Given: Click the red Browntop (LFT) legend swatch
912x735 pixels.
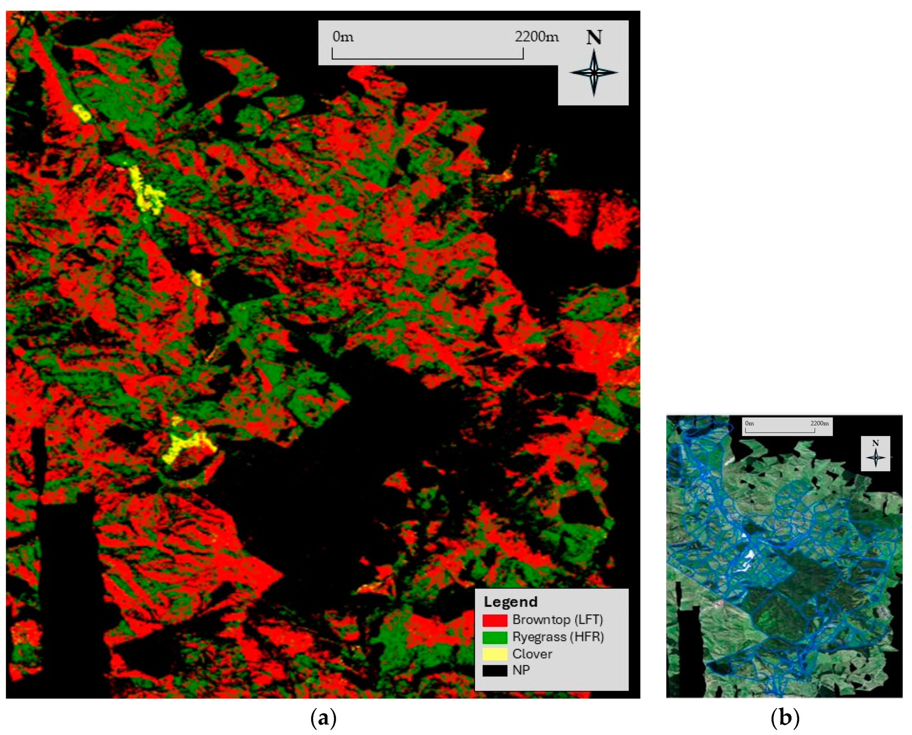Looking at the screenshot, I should click(x=494, y=620).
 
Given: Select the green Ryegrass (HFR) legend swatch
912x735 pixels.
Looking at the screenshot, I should click(x=494, y=637).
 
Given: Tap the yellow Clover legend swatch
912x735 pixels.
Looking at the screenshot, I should click(x=494, y=654).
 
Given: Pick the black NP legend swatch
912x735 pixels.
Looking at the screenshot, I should click(x=494, y=670).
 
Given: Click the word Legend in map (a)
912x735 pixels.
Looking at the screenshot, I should click(x=510, y=602).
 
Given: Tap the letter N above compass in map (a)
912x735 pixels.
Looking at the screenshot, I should click(x=594, y=38).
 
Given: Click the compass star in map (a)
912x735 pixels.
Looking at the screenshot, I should click(x=594, y=72).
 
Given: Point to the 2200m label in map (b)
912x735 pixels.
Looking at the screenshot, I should click(x=819, y=423).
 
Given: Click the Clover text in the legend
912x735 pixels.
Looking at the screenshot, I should click(x=532, y=654).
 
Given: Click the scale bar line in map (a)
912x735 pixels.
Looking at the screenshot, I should click(x=427, y=59).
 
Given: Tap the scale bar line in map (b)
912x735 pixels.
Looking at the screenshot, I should click(x=779, y=432).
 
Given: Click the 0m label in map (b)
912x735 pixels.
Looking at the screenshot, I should click(x=749, y=423).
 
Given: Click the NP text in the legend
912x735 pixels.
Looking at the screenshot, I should click(x=521, y=670).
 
